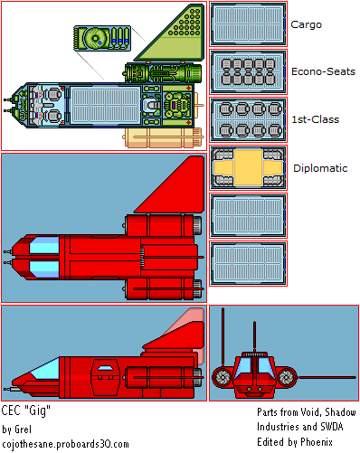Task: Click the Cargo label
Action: pyautogui.click(x=306, y=24)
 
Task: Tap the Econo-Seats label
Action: pyautogui.click(x=323, y=71)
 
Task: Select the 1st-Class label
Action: pyautogui.click(x=315, y=119)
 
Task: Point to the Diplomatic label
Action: pyautogui.click(x=320, y=168)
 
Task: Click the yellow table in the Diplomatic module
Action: pyautogui.click(x=248, y=167)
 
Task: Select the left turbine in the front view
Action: pyautogui.click(x=223, y=377)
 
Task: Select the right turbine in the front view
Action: pyautogui.click(x=287, y=377)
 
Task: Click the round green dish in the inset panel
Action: pyautogui.click(x=95, y=38)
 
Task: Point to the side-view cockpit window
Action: pyautogui.click(x=43, y=369)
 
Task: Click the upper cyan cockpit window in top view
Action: pyautogui.click(x=44, y=245)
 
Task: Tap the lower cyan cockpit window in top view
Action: pyautogui.click(x=44, y=269)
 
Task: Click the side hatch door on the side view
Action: pyautogui.click(x=105, y=377)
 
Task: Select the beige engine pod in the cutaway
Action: pyautogui.click(x=163, y=138)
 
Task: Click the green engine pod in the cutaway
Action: pyautogui.click(x=163, y=73)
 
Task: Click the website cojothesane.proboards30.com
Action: pyautogui.click(x=65, y=444)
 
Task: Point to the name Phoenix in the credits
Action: pyautogui.click(x=317, y=442)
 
